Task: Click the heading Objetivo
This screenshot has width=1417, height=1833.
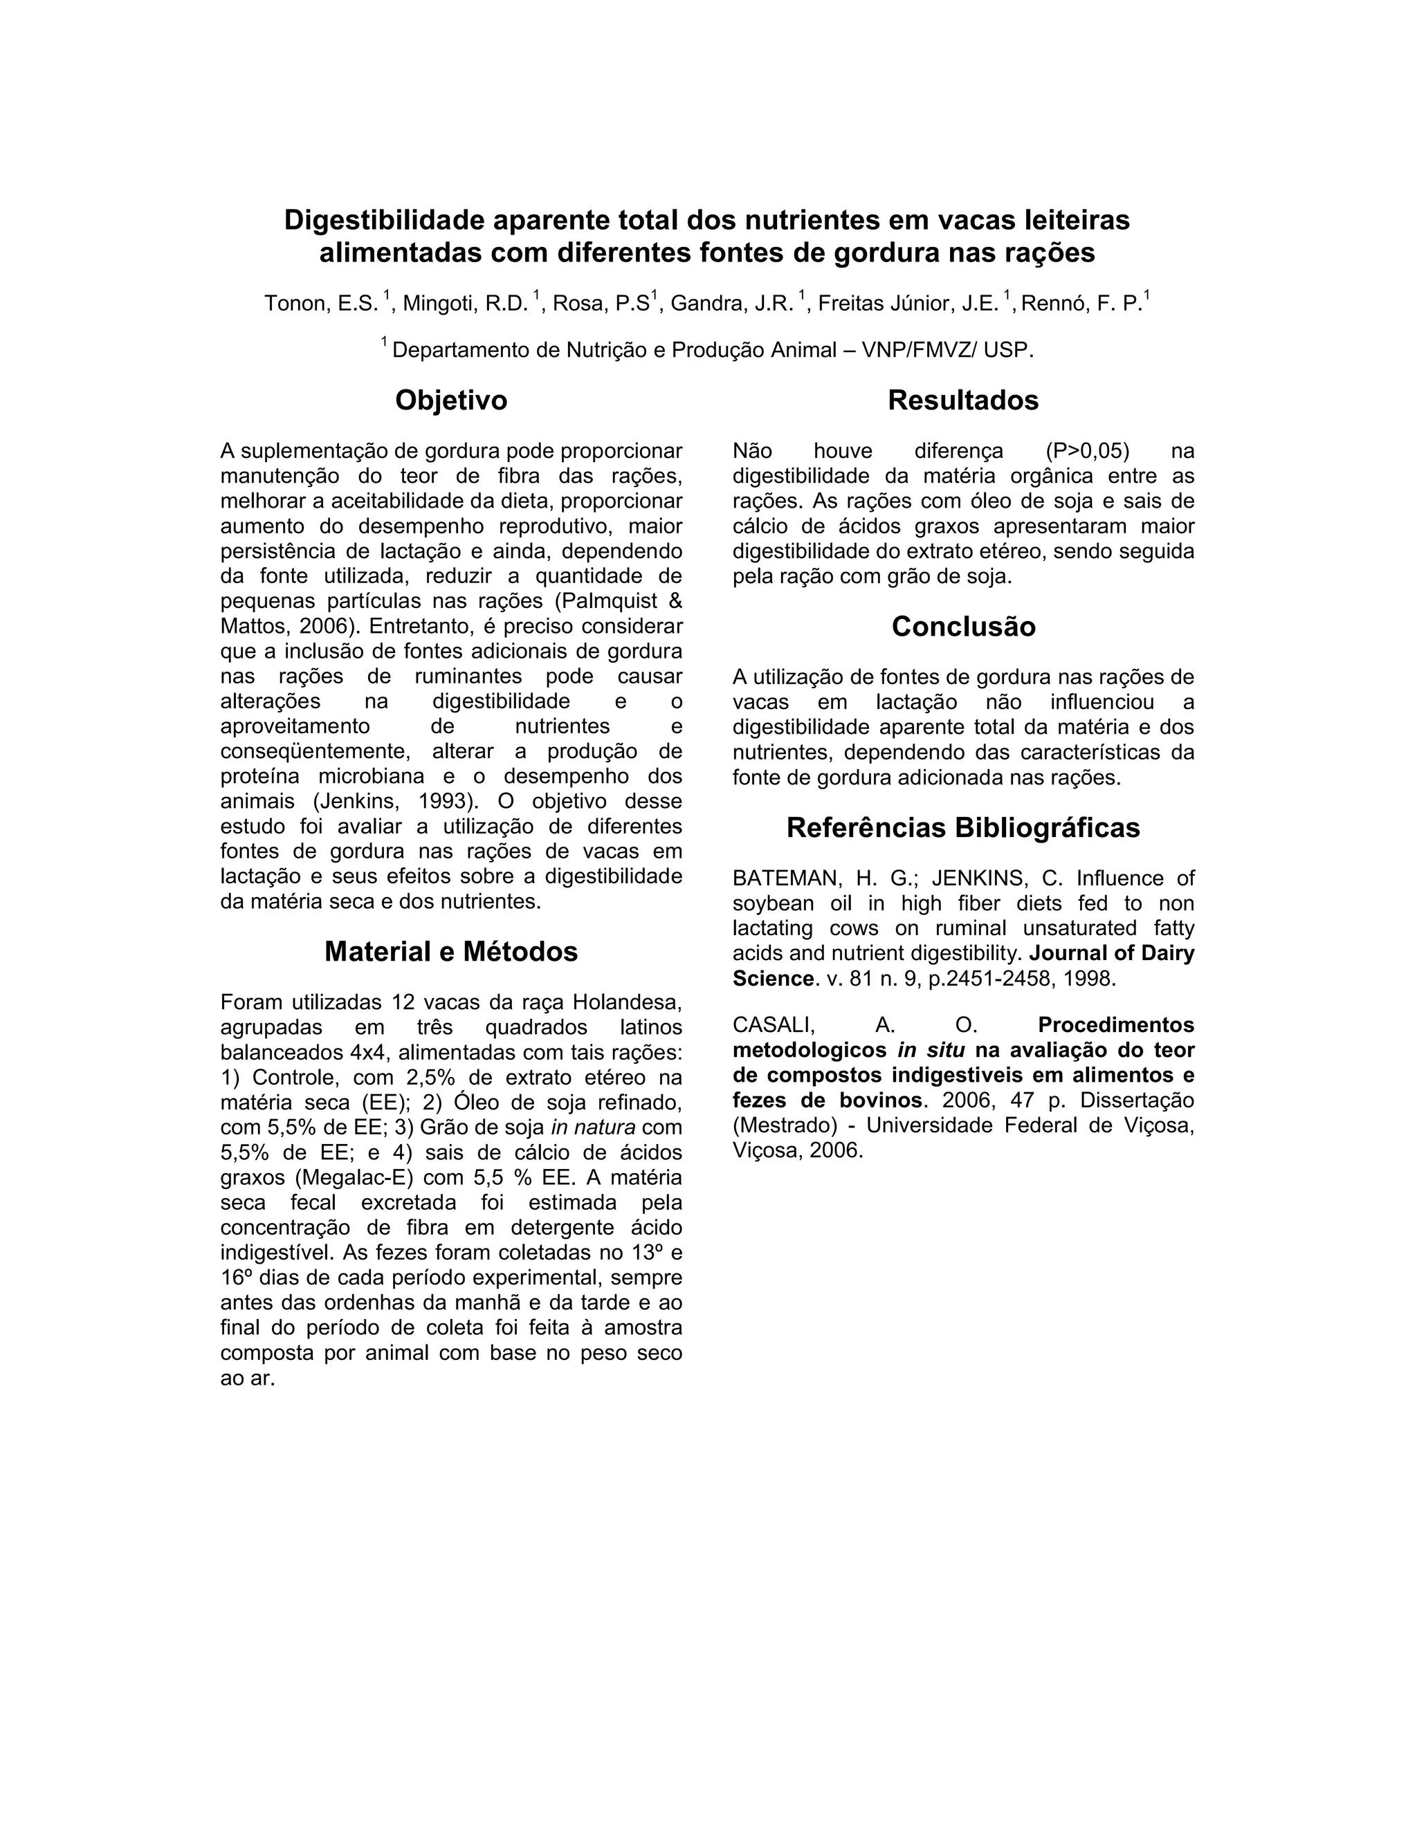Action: coord(451,400)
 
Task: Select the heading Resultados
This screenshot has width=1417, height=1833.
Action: coord(963,400)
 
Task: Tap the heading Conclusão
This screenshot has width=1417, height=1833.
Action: coord(963,627)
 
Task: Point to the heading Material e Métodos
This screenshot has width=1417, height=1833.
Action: coord(451,952)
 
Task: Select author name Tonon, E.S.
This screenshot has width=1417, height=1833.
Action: coord(322,304)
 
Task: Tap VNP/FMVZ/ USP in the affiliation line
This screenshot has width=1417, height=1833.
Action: coord(948,350)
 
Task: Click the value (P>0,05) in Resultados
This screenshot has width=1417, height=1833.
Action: coord(1087,452)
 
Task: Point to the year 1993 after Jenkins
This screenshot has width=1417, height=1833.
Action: coord(442,802)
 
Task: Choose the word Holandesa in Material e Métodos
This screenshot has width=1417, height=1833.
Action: coord(627,1002)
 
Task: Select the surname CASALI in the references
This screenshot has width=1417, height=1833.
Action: coord(773,1026)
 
